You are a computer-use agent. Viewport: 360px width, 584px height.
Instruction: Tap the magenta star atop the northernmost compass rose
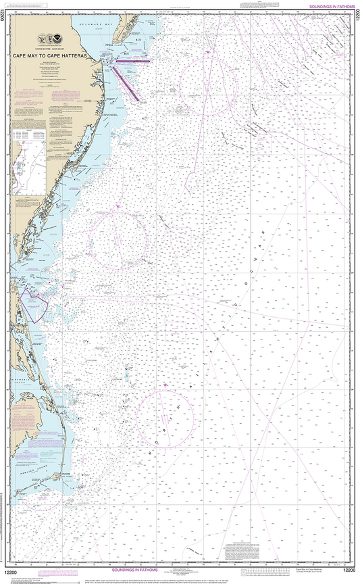tap(209, 53)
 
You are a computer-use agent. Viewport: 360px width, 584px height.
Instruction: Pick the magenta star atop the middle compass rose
tap(118, 205)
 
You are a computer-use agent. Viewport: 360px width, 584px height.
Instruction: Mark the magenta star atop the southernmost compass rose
tap(165, 385)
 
